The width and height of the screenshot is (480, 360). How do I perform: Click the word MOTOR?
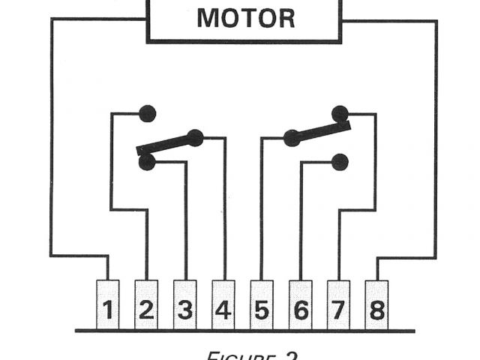tap(245, 18)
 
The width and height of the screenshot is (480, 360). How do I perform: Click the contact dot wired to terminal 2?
tap(148, 114)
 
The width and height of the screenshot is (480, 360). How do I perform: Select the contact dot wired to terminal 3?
tap(148, 160)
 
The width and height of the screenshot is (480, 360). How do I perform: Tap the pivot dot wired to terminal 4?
tap(196, 137)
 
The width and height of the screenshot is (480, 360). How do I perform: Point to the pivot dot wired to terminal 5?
tap(292, 138)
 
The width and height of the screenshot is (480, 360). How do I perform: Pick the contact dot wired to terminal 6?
tap(340, 161)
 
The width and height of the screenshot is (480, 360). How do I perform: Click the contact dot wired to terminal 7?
tap(340, 114)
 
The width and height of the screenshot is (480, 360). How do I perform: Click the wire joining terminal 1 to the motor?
tap(52, 150)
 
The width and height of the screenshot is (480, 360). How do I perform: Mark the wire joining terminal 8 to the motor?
tap(436, 150)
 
